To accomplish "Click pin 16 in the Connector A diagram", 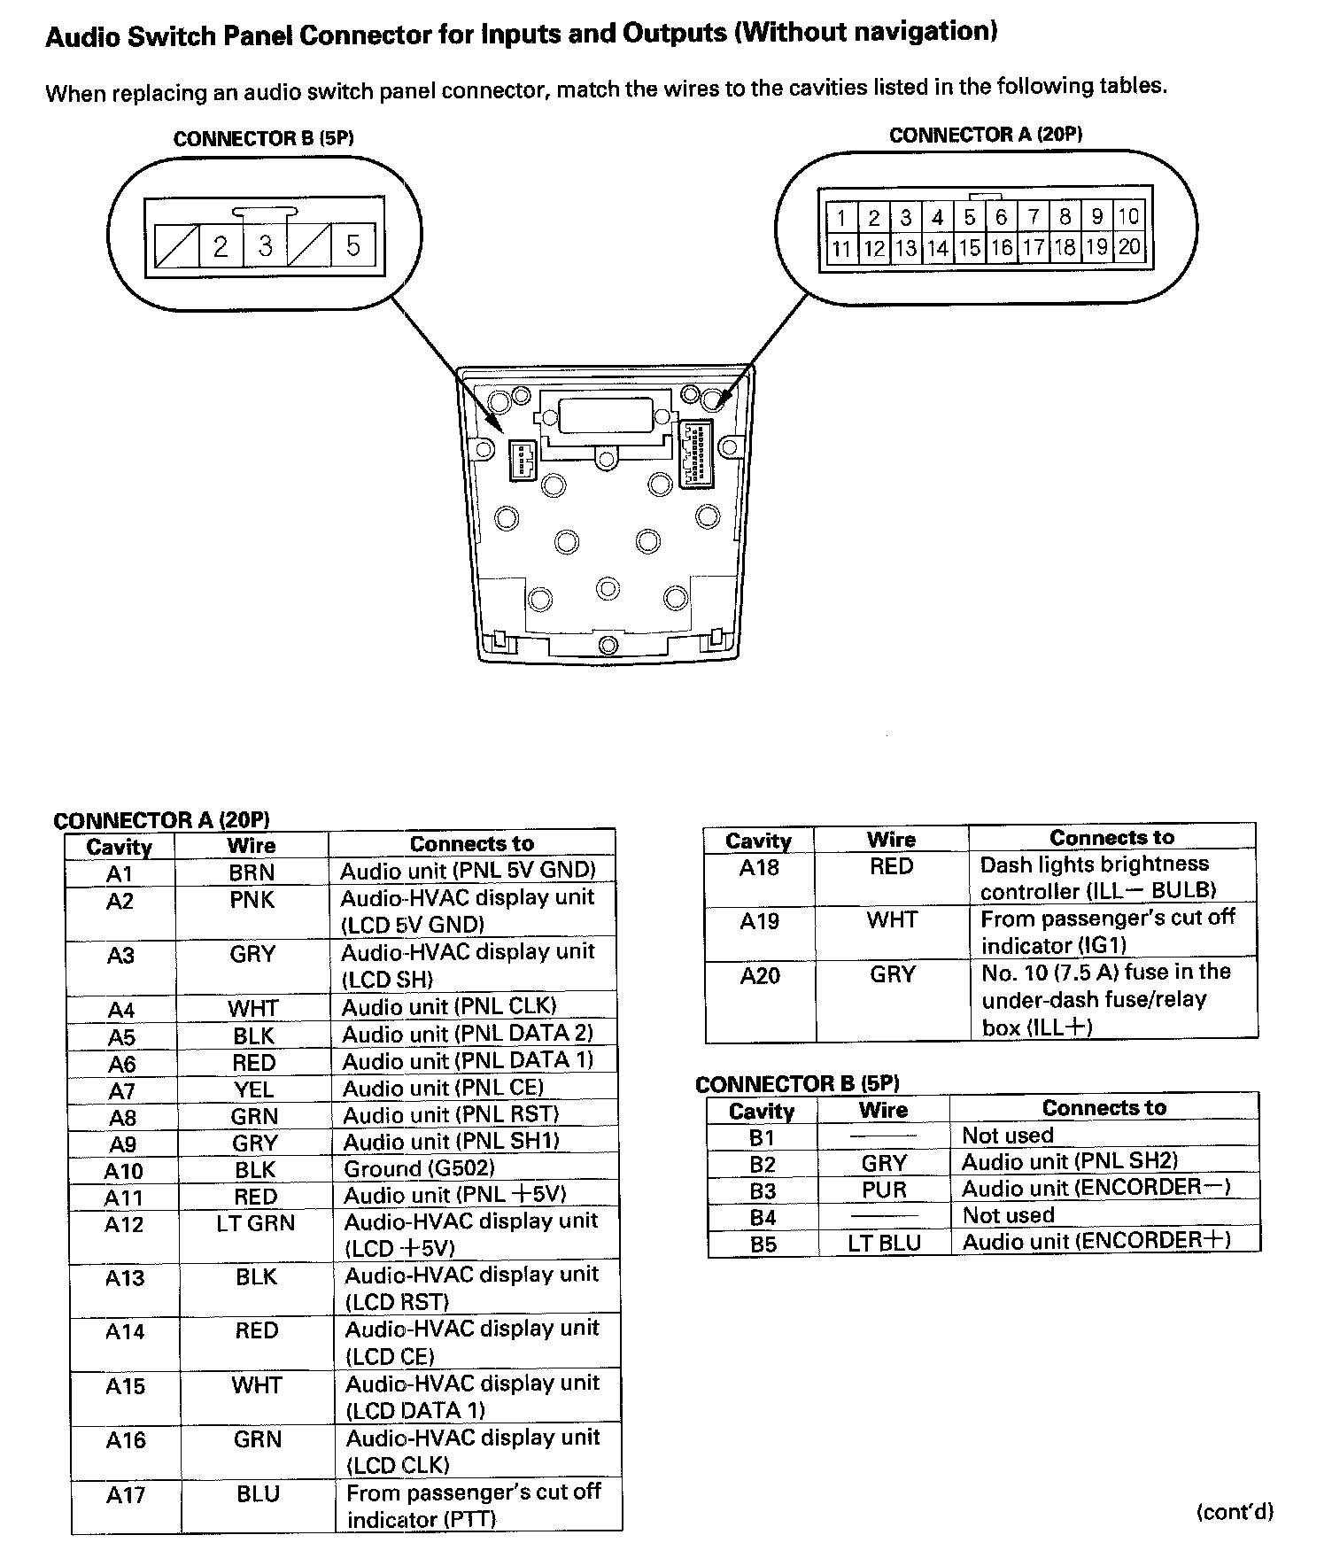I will pyautogui.click(x=1002, y=247).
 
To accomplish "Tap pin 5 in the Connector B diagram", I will pyautogui.click(x=352, y=245).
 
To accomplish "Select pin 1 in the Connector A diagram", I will pyautogui.click(x=841, y=217).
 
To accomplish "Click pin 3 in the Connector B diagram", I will pyautogui.click(x=265, y=245).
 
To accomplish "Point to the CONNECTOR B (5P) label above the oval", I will pyautogui.click(x=264, y=139).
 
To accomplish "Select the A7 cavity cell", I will pyautogui.click(x=122, y=1090).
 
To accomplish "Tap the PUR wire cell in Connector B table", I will pyautogui.click(x=884, y=1189).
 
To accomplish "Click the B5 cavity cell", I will pyautogui.click(x=763, y=1244).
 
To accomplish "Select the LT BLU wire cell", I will pyautogui.click(x=884, y=1243).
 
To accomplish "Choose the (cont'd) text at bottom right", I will pyautogui.click(x=1234, y=1512).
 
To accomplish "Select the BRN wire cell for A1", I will pyautogui.click(x=252, y=872).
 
